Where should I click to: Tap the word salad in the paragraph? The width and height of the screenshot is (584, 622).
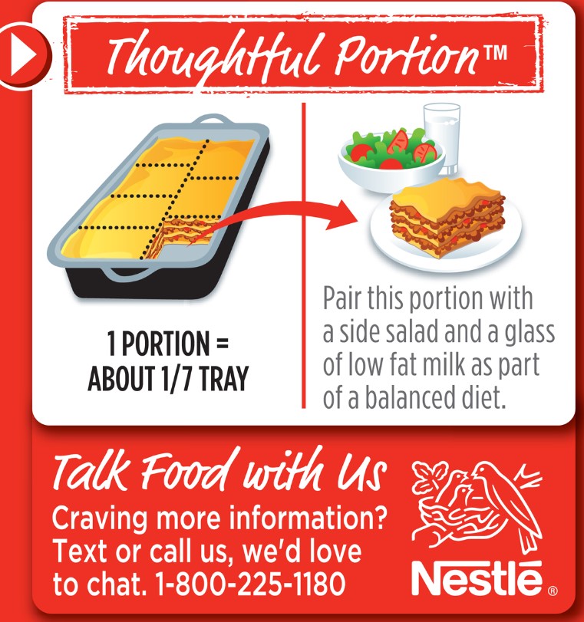[x=414, y=334]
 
